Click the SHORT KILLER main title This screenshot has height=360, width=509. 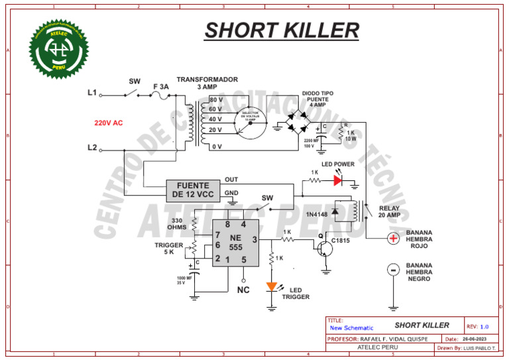tap(282, 30)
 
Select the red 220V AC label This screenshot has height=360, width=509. tap(108, 123)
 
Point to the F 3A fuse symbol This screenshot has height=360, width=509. tap(159, 96)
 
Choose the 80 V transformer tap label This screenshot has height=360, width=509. tap(215, 99)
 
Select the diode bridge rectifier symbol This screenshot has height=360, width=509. tap(298, 123)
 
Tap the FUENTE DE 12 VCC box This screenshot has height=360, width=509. tap(193, 190)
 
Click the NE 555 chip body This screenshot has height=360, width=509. tap(235, 243)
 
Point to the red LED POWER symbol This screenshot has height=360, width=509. tap(338, 179)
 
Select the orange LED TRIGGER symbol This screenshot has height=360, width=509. tap(272, 287)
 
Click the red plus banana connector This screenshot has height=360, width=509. tap(393, 238)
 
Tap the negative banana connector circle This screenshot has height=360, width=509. tap(393, 269)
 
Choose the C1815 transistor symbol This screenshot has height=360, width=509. tap(325, 248)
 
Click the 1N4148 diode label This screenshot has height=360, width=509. tap(317, 215)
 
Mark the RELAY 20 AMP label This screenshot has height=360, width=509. tap(390, 211)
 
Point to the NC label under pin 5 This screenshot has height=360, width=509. tap(243, 289)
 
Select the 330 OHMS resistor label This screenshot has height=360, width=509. tap(176, 224)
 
